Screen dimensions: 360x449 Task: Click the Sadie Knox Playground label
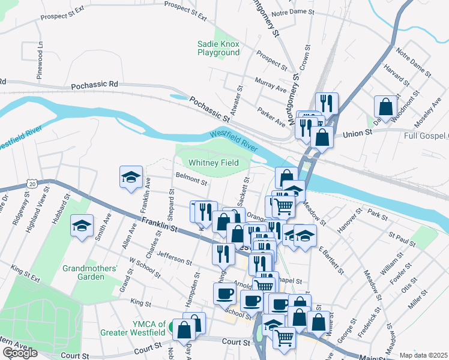[218, 48]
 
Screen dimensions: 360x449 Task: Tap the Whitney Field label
[214, 163]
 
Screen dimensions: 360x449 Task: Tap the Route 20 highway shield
[32, 182]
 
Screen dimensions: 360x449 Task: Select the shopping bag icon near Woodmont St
[385, 107]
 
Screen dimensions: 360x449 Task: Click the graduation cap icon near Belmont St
[131, 176]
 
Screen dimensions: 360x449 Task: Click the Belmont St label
[191, 179]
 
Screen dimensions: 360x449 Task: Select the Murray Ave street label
[271, 84]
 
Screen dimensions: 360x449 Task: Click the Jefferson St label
[174, 259]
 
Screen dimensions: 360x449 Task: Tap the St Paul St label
[402, 239]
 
